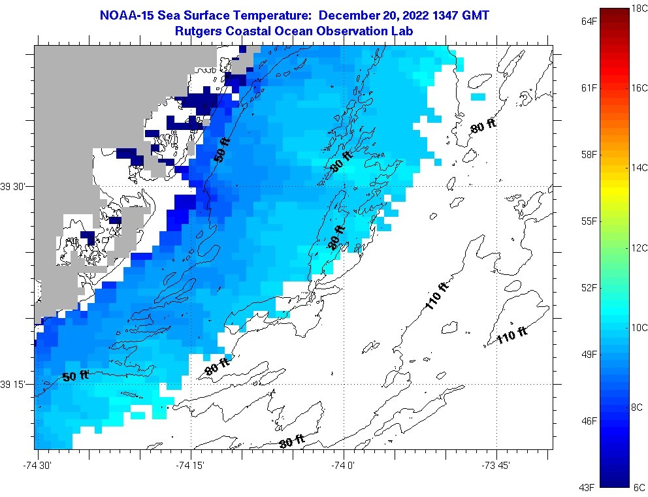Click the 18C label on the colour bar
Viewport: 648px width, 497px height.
(x=639, y=8)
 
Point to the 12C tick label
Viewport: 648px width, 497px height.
(x=639, y=248)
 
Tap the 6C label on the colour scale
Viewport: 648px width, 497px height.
(x=639, y=487)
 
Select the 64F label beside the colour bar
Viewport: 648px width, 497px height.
(x=589, y=22)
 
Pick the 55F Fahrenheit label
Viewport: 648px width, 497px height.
(x=589, y=221)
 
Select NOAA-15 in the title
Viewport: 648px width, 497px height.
(x=123, y=15)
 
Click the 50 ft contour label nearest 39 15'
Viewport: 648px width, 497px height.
(x=76, y=376)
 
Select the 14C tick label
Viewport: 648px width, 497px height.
(x=639, y=168)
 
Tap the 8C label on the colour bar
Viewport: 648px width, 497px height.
(x=639, y=407)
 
